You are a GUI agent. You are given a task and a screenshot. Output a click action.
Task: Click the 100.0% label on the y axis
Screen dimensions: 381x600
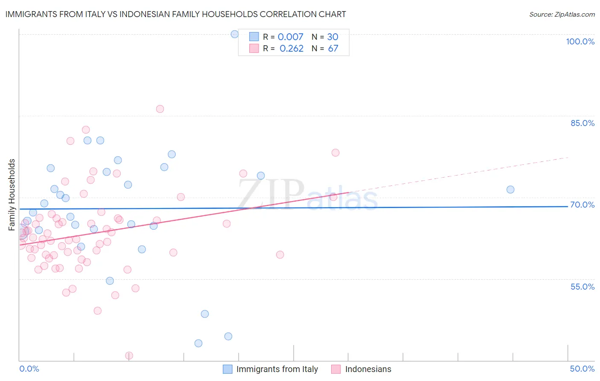coord(580,41)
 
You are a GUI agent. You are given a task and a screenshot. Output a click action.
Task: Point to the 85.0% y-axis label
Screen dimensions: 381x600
coord(583,123)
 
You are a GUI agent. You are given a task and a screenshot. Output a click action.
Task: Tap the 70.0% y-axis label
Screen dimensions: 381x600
coord(582,205)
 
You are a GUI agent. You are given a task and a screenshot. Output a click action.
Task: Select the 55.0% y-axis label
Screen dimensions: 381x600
coord(582,287)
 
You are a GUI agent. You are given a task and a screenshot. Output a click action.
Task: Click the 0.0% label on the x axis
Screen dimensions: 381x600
coord(29,369)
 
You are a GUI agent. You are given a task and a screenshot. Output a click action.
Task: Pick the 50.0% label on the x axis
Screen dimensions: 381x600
coord(582,369)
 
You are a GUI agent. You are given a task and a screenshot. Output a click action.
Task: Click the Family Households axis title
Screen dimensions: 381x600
coord(12,195)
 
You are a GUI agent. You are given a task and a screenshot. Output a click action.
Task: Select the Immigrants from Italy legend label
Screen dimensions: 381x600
coord(277,369)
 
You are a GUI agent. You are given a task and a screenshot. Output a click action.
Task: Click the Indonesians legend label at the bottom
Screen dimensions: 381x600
coord(368,369)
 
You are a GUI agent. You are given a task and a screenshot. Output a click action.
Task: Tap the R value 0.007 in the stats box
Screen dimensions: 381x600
coord(290,37)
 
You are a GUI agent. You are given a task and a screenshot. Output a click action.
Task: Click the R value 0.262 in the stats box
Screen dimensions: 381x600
coord(291,48)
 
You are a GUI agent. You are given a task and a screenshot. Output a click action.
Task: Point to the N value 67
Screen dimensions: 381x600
coord(333,48)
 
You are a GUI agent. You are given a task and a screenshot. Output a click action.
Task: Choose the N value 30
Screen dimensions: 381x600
coord(332,37)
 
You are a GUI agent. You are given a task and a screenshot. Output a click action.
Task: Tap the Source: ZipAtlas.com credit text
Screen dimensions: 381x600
coord(562,14)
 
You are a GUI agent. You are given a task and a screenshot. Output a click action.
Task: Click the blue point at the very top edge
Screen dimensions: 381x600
coord(235,34)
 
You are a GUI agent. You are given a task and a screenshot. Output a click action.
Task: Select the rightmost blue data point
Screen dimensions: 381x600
coord(510,190)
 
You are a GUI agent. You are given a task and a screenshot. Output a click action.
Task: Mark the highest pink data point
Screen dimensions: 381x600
coord(160,109)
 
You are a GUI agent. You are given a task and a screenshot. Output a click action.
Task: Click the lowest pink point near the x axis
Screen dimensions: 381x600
coord(129,356)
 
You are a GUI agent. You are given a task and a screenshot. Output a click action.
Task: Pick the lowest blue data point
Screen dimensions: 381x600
coord(198,343)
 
